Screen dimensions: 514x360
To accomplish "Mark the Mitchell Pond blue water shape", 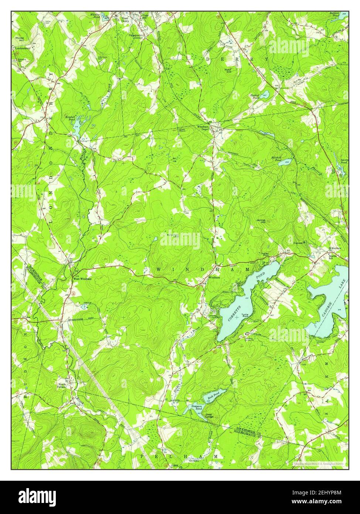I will (285, 162).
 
